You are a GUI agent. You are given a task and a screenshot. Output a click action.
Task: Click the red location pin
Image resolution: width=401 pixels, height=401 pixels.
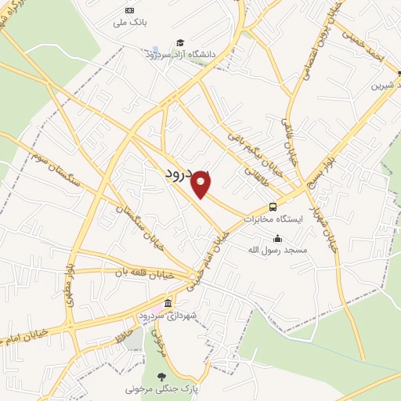coord(202,184)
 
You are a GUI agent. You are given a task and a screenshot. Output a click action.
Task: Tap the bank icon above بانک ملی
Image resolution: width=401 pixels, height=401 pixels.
coord(129,10)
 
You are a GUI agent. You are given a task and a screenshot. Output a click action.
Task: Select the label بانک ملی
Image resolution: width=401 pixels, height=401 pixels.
coord(109,23)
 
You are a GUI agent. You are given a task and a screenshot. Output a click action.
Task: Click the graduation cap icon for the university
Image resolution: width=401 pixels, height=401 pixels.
coord(180,42)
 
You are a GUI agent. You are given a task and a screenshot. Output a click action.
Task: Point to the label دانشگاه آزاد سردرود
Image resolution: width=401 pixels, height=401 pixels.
coord(180,54)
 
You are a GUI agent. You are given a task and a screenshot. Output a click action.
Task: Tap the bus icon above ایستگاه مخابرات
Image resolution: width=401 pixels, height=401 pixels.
coord(273,207)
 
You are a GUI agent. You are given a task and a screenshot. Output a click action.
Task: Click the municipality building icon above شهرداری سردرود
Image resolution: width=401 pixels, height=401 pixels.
coord(168,303)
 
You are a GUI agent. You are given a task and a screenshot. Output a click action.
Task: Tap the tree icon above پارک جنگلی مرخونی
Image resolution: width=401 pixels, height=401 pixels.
coord(163,376)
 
